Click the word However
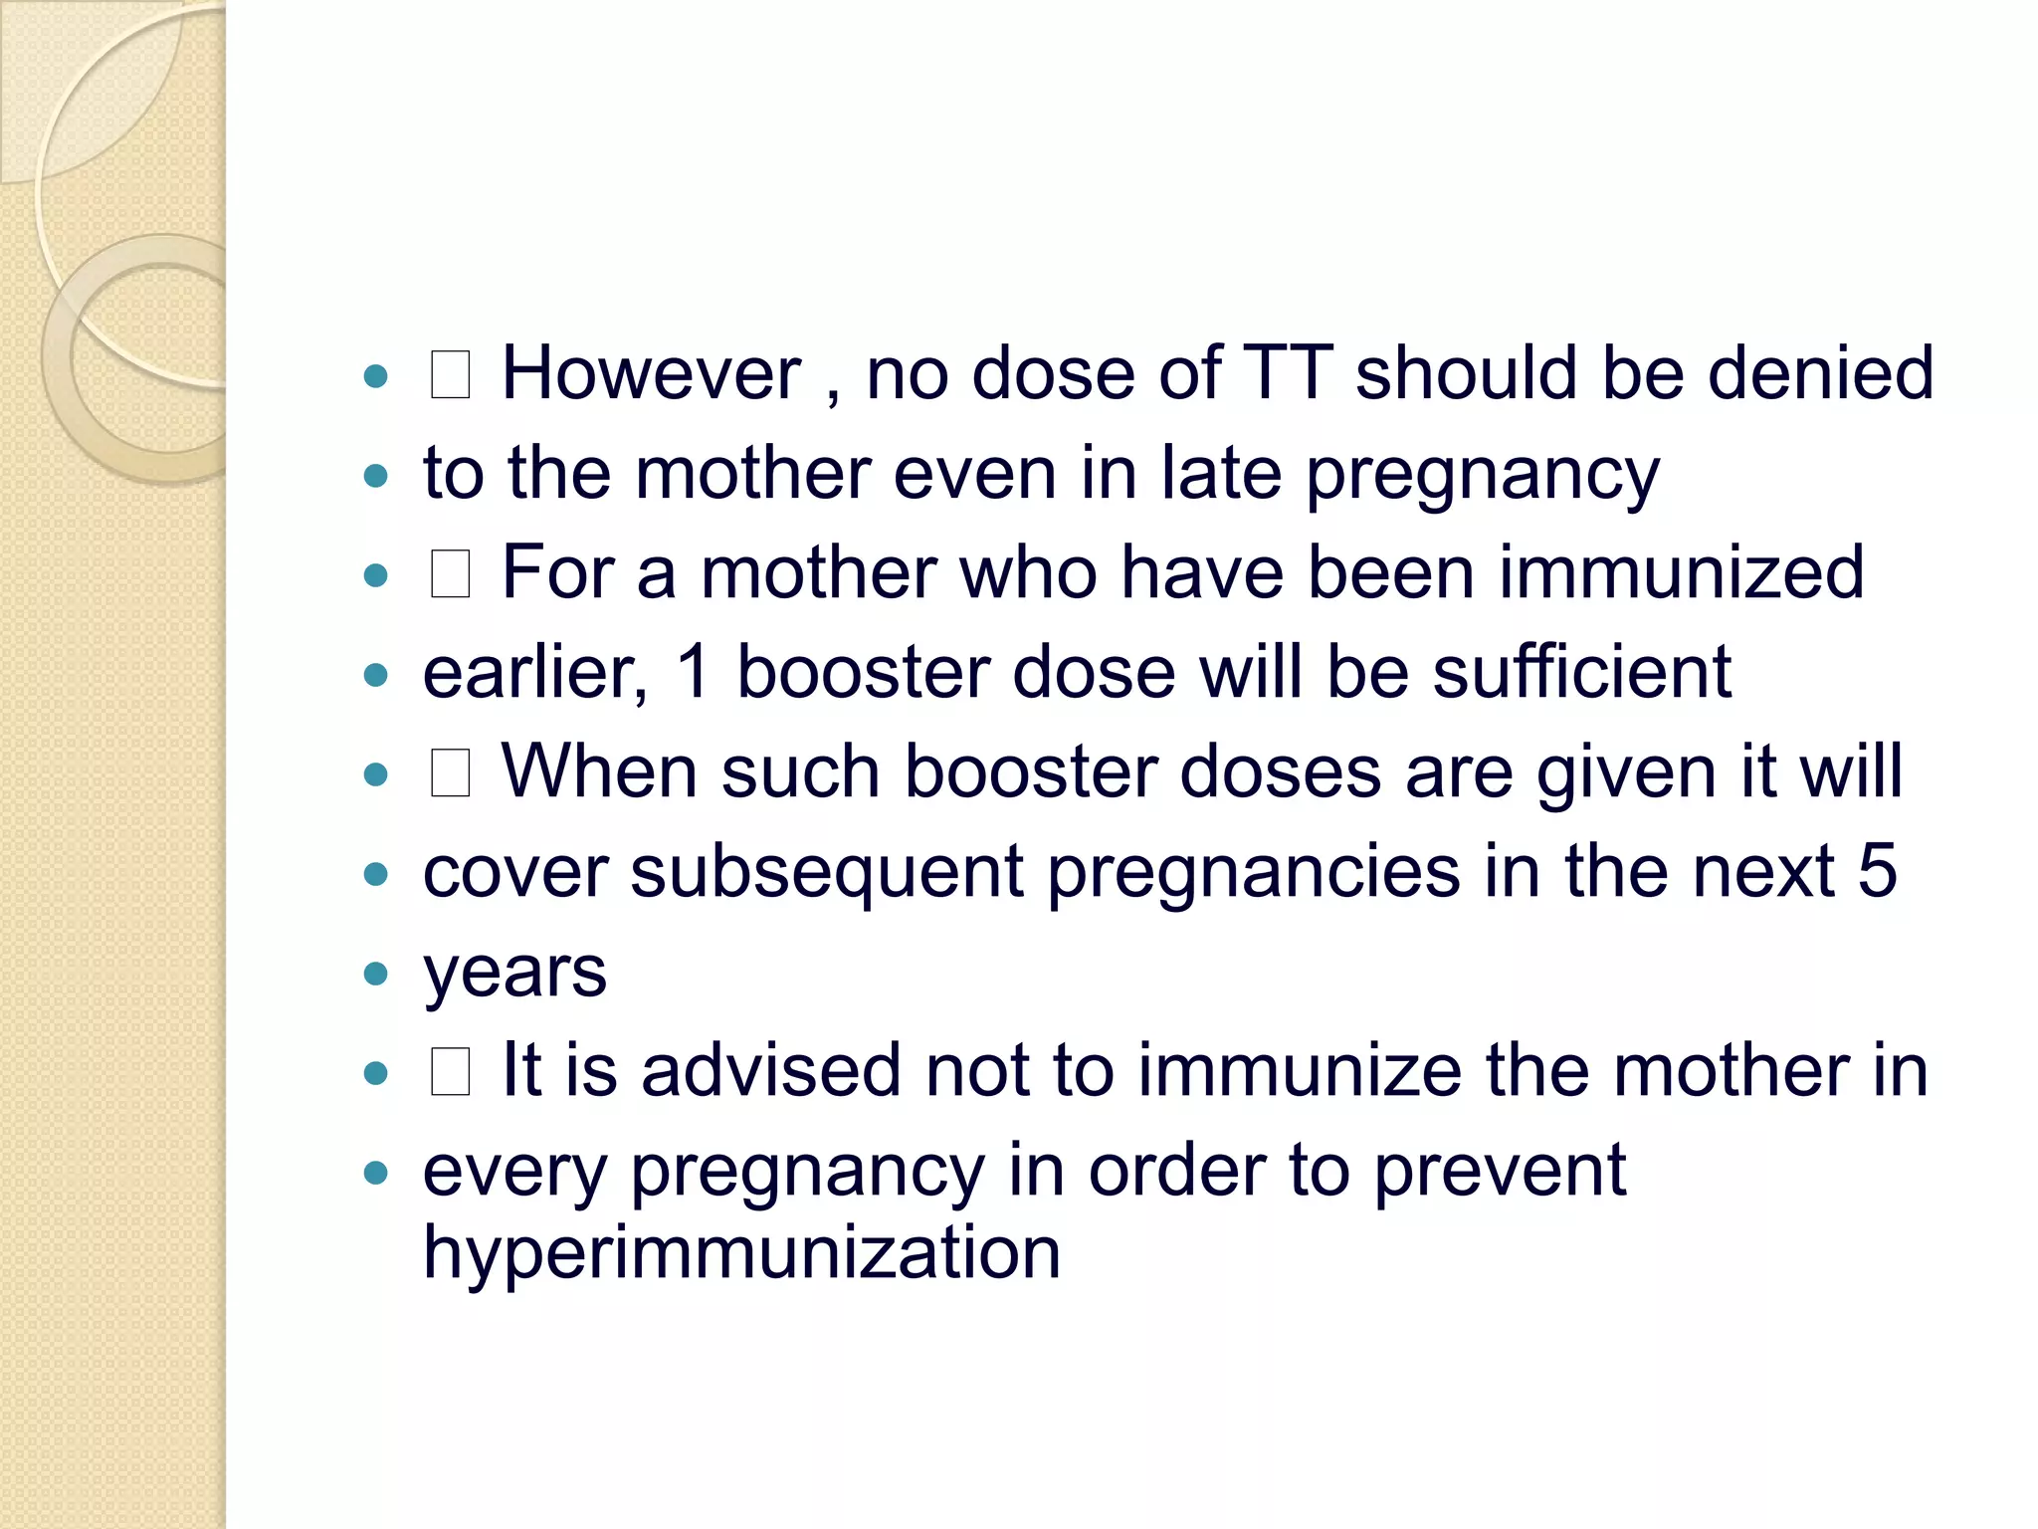tap(651, 373)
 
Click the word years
tap(514, 973)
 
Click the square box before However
tap(450, 376)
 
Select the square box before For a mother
tap(450, 575)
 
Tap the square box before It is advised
tap(450, 1073)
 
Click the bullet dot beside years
tap(375, 974)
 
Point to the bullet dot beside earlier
tap(375, 675)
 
